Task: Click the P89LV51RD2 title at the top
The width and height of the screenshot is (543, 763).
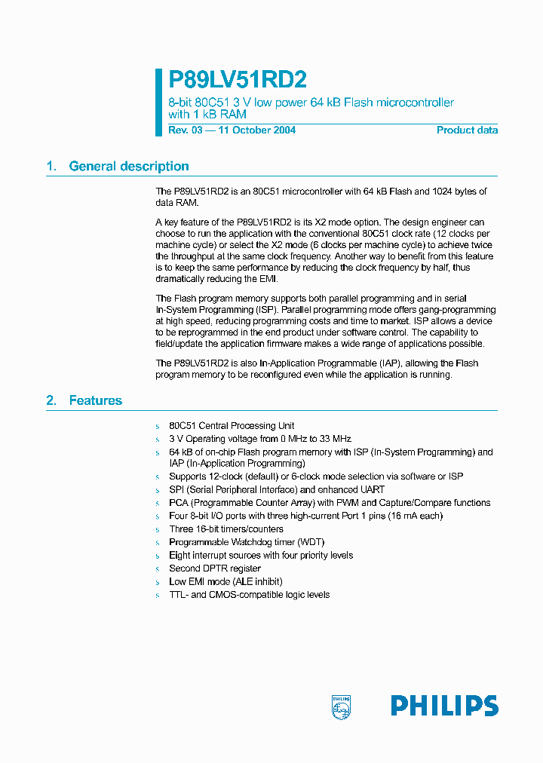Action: click(x=238, y=80)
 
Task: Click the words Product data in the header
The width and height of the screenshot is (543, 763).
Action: click(x=467, y=130)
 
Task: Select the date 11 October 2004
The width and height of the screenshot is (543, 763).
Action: click(x=257, y=130)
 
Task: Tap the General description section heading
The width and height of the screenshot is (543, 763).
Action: click(x=128, y=167)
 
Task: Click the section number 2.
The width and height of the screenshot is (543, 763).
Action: click(x=51, y=400)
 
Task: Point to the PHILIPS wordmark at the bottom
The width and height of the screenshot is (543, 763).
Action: click(x=444, y=706)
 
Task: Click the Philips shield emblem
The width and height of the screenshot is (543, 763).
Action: click(x=341, y=706)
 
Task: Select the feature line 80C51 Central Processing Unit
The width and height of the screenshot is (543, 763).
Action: click(x=232, y=426)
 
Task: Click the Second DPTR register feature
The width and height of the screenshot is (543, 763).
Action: click(x=215, y=568)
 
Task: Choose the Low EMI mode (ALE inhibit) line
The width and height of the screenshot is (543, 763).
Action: click(x=225, y=581)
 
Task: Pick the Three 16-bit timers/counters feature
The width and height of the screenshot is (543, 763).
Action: click(x=216, y=529)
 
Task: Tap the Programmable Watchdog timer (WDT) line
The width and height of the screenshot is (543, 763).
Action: click(x=236, y=542)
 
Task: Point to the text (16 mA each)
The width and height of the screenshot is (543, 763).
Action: click(x=413, y=516)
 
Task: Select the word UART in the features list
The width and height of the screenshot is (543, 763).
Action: click(x=371, y=489)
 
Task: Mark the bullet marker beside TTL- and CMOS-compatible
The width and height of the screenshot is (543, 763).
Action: click(x=158, y=596)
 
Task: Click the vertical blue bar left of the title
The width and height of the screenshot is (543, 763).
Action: click(x=159, y=103)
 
